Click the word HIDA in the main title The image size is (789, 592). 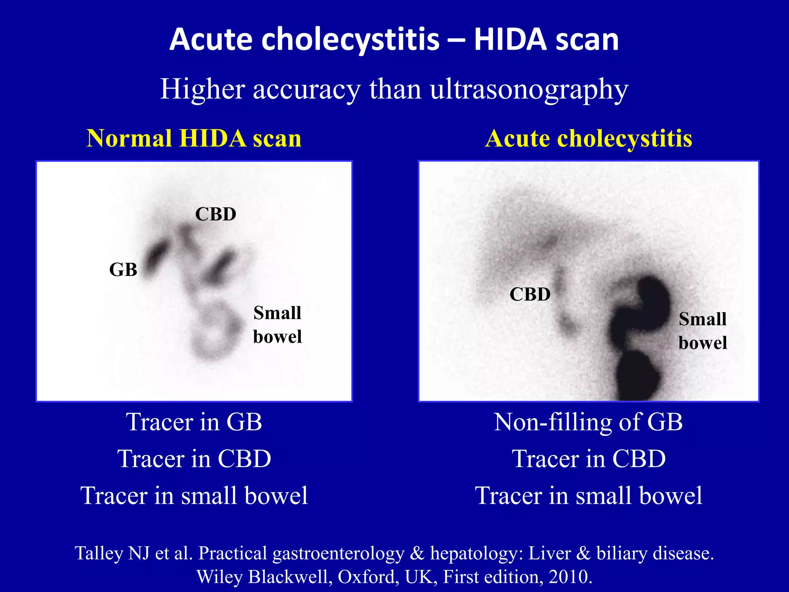(510, 39)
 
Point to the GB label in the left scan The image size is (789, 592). (123, 269)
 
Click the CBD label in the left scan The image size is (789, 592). (215, 214)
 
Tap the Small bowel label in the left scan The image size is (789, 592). (277, 325)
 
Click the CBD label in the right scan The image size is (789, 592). (530, 294)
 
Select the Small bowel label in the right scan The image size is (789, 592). (703, 331)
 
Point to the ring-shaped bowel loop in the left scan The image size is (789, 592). (214, 331)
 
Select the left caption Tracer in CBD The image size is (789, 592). (194, 459)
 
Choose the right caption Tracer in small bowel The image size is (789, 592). (588, 495)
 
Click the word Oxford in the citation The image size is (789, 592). (368, 577)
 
